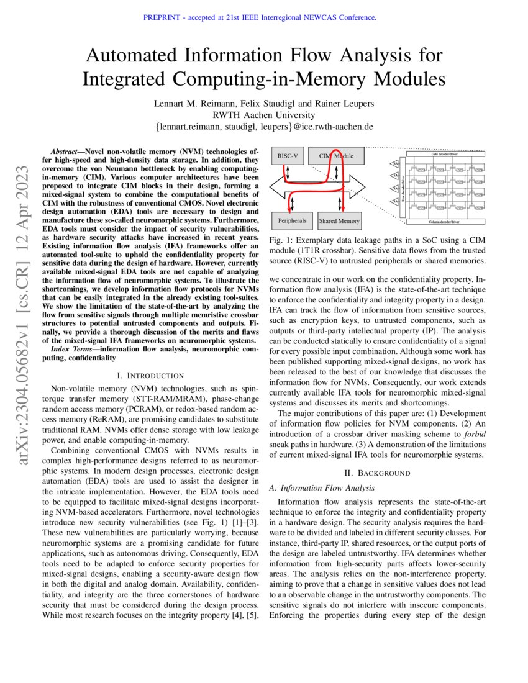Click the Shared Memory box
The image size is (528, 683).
[x=339, y=220]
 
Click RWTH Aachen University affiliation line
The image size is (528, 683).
[x=263, y=115]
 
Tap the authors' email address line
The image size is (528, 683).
[x=263, y=127]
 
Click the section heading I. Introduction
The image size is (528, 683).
[x=150, y=375]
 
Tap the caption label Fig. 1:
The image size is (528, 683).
[x=280, y=240]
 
